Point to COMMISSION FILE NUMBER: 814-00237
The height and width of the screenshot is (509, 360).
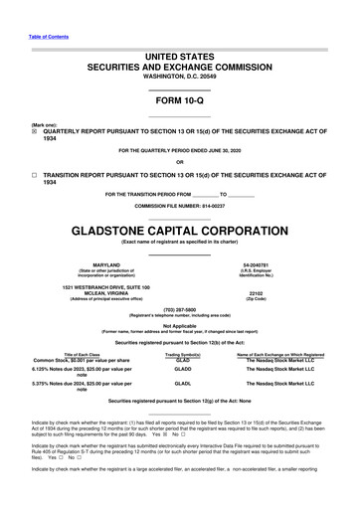[179, 205]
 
